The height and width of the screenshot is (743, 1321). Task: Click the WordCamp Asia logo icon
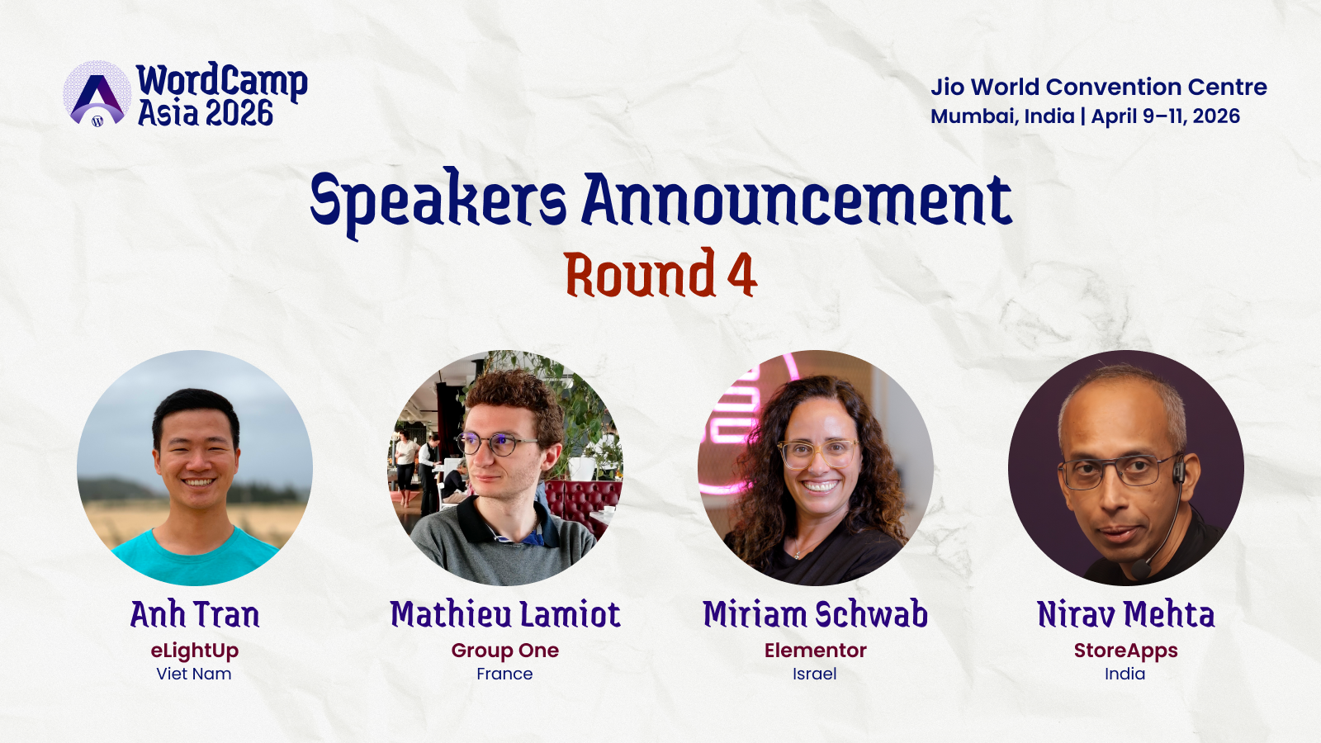[97, 94]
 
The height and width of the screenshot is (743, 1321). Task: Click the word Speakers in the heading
[438, 202]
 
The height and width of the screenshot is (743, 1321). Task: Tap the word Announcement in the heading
[797, 200]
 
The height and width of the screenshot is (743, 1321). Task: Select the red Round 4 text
[660, 273]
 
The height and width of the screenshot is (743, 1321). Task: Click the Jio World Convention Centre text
[1099, 87]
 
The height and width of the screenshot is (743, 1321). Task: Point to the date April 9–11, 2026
[1165, 116]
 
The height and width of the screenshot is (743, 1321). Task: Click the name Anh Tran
[195, 614]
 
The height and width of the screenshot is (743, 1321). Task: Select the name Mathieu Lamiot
[505, 614]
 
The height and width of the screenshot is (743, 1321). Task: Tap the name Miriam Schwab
[816, 614]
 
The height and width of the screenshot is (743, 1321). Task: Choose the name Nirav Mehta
[1126, 614]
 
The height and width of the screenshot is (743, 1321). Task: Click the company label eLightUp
[195, 651]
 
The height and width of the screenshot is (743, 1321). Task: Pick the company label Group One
[504, 651]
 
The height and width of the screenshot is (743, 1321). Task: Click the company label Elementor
[816, 651]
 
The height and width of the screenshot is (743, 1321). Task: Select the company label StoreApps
[1126, 651]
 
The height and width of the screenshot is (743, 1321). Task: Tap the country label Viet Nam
[194, 674]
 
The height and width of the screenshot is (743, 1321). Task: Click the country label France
[504, 674]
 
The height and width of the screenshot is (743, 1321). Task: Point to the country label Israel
[814, 674]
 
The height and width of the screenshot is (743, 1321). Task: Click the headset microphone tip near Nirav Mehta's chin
[1140, 570]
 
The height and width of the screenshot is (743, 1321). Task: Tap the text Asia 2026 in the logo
[206, 112]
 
